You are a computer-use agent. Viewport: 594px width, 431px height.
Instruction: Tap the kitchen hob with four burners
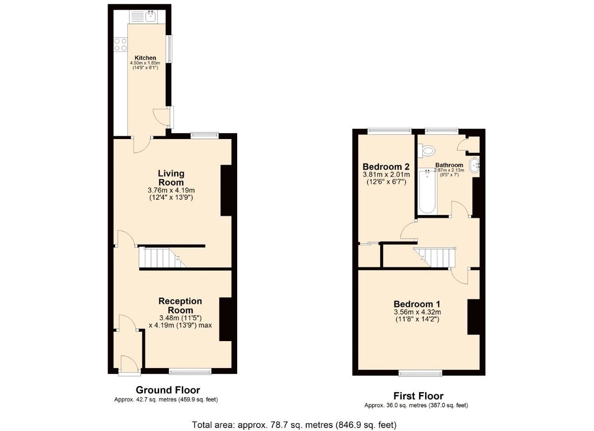[121, 44]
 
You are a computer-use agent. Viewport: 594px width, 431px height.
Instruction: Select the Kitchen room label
[145, 58]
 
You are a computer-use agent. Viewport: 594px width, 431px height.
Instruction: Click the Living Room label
[171, 177]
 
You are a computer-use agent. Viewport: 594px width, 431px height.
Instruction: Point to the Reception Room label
[180, 305]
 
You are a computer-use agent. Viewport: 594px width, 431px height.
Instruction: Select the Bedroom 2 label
[386, 167]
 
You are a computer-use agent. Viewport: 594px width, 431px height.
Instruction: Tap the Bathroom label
[449, 165]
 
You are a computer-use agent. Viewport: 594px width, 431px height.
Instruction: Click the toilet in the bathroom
[427, 150]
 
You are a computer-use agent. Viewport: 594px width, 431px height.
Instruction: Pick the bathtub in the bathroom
[427, 192]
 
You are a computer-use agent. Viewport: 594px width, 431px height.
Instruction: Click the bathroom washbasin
[476, 165]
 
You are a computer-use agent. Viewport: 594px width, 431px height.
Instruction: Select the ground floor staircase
[160, 258]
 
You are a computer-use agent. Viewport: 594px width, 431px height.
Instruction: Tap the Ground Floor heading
[168, 390]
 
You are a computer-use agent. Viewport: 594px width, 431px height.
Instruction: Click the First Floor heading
[418, 396]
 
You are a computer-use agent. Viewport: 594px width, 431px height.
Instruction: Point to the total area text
[294, 425]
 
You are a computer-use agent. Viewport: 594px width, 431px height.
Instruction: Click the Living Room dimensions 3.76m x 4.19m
[171, 190]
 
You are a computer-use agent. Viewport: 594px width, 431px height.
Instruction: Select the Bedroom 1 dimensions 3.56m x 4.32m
[417, 312]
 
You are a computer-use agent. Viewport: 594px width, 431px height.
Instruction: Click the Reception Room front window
[190, 371]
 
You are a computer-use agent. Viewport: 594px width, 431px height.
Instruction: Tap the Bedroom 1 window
[420, 373]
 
